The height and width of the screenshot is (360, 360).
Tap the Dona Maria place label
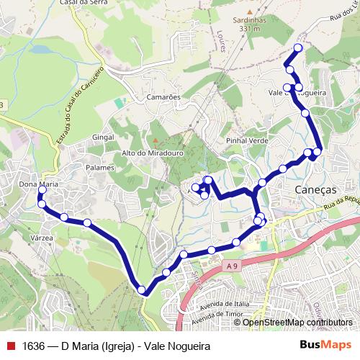(x=38, y=184)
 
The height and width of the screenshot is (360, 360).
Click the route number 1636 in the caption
(x=34, y=345)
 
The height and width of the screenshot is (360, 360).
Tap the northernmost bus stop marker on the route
(x=296, y=47)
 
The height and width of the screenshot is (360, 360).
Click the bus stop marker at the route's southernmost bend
(x=142, y=290)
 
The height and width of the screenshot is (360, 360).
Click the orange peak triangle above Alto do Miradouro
(x=153, y=140)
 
